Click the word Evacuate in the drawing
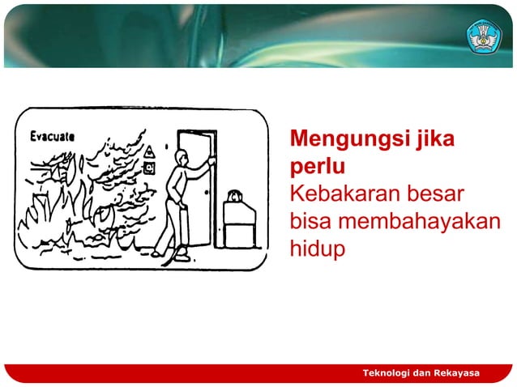tap(53, 136)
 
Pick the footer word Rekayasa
tap(455, 372)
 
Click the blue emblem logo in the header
tap(484, 36)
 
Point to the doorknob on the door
tap(207, 192)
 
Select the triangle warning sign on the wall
tap(149, 152)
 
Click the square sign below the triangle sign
tap(149, 168)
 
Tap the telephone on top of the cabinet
tap(235, 196)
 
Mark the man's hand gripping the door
tap(210, 161)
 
